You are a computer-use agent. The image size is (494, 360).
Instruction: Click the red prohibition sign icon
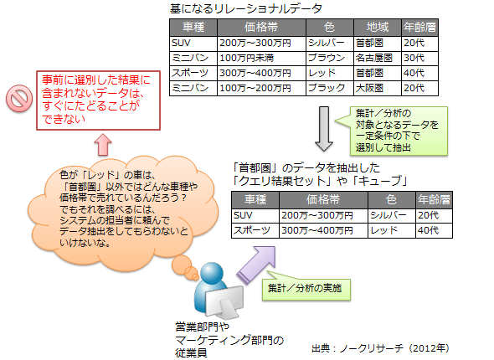19,98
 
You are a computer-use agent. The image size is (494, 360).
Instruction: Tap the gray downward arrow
324,129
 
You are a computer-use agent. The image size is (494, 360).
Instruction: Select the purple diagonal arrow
257,265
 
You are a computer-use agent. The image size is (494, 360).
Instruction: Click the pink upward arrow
103,145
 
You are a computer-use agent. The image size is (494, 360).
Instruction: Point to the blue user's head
212,273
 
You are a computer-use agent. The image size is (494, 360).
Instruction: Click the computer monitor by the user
224,301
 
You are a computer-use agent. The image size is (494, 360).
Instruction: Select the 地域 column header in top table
378,28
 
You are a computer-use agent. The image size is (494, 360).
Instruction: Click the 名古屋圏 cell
378,58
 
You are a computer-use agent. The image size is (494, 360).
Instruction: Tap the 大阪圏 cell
378,88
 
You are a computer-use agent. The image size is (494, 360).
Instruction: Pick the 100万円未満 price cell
261,58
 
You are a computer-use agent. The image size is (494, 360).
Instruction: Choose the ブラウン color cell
330,58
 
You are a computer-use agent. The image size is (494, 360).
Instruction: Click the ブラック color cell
330,88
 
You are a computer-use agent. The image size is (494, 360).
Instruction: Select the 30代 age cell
419,58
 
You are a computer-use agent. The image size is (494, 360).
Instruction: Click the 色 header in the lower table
391,200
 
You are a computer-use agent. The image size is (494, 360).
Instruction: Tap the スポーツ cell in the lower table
255,230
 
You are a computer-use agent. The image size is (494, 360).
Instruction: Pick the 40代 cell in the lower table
434,230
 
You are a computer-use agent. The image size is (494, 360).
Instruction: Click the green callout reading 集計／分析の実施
306,288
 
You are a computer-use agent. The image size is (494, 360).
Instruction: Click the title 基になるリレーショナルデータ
246,8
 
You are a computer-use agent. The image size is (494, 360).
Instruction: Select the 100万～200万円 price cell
261,88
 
